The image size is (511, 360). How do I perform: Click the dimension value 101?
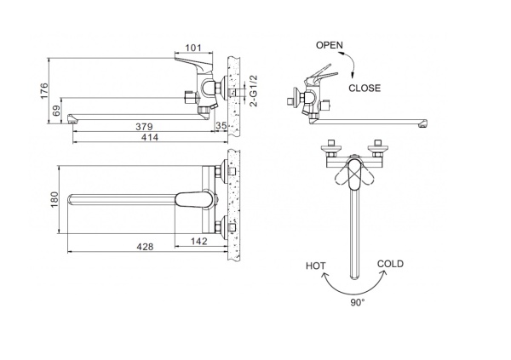pyautogui.click(x=193, y=48)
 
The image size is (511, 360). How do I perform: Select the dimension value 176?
pyautogui.click(x=44, y=91)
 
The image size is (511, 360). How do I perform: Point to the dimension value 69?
pyautogui.click(x=57, y=111)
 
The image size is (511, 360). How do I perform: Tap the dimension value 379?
pyautogui.click(x=144, y=127)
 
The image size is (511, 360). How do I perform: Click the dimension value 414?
pyautogui.click(x=150, y=137)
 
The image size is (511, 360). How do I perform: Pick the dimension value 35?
pyautogui.click(x=221, y=126)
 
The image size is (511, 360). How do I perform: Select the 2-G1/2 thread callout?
pyautogui.click(x=253, y=90)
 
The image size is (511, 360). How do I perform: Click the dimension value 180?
pyautogui.click(x=55, y=199)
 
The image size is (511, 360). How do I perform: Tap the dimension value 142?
pyautogui.click(x=198, y=241)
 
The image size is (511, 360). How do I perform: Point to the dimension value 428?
pyautogui.click(x=145, y=247)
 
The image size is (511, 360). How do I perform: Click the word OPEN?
pyautogui.click(x=329, y=45)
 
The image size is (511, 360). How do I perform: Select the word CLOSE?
pyautogui.click(x=365, y=88)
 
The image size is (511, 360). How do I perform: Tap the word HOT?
pyautogui.click(x=315, y=266)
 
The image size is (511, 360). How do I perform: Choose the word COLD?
pyautogui.click(x=390, y=264)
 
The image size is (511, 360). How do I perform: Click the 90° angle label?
pyautogui.click(x=358, y=303)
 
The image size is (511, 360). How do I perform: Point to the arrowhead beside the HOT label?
pyautogui.click(x=325, y=277)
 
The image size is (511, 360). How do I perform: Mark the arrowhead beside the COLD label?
pyautogui.click(x=383, y=273)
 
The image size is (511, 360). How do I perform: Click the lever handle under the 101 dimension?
pyautogui.click(x=193, y=63)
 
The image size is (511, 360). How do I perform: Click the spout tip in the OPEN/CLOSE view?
pyautogui.click(x=423, y=123)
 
